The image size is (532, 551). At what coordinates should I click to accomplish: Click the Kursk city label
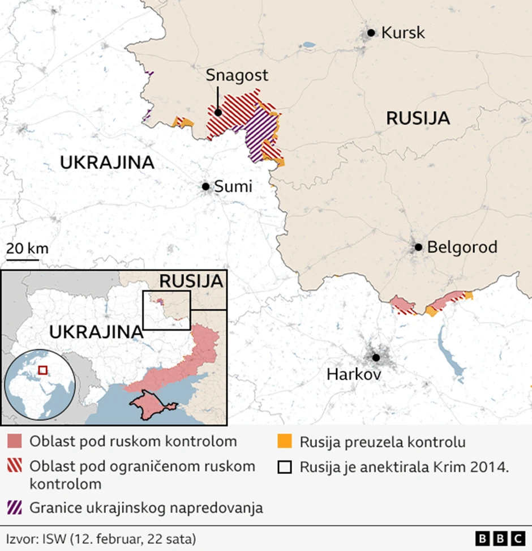402,33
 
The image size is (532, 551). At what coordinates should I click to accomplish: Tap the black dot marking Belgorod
418,247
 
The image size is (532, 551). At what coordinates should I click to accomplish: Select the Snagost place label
237,75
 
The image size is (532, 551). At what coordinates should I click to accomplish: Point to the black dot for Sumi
206,186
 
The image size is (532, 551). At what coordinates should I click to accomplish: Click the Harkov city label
354,375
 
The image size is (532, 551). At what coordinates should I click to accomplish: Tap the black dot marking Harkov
375,357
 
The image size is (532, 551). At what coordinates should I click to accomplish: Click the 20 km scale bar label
27,248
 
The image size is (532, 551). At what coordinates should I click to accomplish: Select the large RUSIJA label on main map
418,118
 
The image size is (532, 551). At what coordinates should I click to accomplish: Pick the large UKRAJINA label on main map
107,163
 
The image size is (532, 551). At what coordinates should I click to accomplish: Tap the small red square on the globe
42,370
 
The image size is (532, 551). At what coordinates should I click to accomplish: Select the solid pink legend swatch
15,441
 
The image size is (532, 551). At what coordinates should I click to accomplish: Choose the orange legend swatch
285,441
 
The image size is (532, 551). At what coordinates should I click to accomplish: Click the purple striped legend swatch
15,507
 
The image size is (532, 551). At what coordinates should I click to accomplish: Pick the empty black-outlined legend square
285,467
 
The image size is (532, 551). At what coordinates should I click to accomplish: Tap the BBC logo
500,538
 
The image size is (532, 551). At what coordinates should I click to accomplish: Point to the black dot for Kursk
371,33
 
